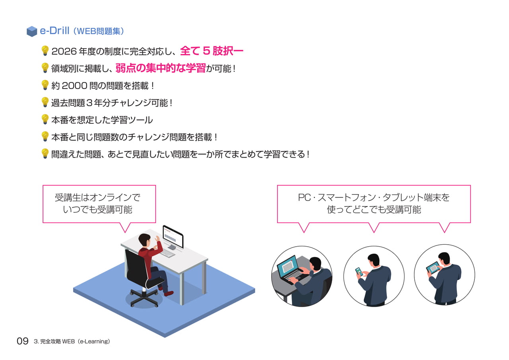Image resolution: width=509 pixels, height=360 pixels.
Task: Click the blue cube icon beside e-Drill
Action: pos(32,31)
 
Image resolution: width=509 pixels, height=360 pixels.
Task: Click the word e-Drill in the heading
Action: pos(54,31)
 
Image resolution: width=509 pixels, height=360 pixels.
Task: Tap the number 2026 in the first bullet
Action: pos(64,51)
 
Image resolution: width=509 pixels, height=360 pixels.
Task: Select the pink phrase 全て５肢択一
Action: pos(212,51)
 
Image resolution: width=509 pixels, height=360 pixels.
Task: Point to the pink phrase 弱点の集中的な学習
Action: pos(161,68)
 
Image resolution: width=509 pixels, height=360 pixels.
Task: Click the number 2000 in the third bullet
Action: pos(74,86)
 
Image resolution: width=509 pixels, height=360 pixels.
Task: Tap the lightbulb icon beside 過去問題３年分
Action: pos(45,102)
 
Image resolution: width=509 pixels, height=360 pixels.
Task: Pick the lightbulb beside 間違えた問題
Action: pos(45,154)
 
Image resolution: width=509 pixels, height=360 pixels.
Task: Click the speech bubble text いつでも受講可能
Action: pos(97,210)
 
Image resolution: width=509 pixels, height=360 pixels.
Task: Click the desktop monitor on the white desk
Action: pos(173,237)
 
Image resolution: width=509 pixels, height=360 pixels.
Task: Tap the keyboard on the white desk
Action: pos(167,253)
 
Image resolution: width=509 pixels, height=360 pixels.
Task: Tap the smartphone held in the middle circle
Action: pos(359,272)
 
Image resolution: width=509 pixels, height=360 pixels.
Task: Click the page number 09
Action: pos(23,341)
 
